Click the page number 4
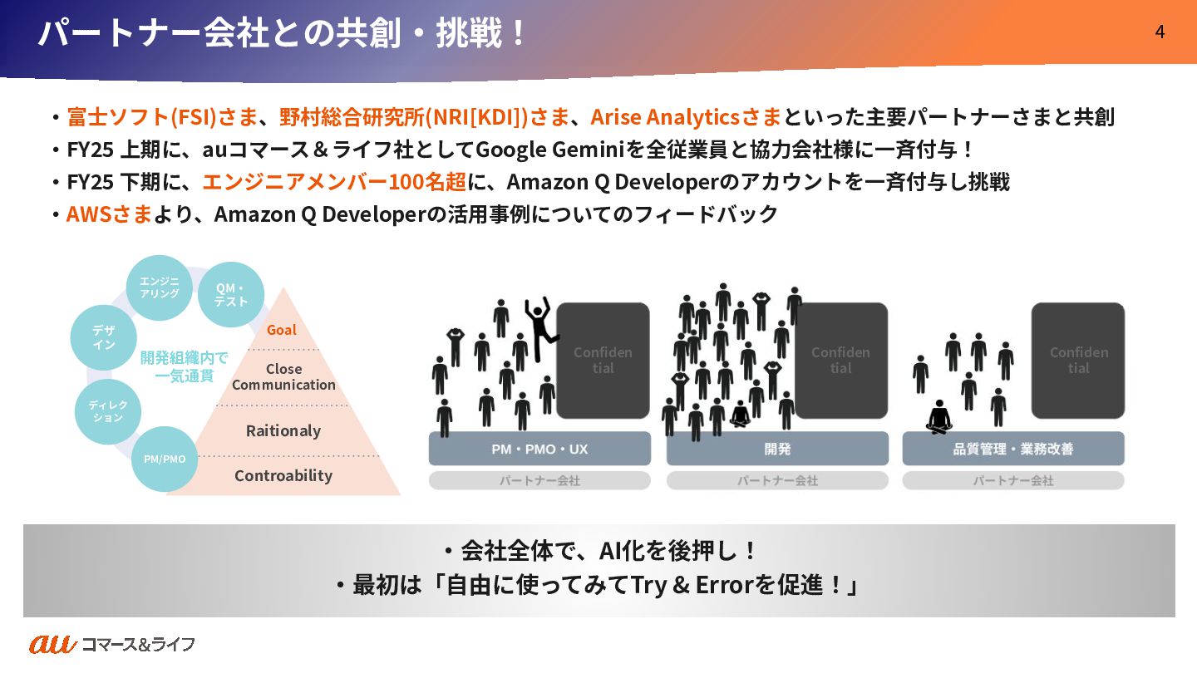point(1160,32)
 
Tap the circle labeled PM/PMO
point(165,459)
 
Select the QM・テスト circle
point(230,295)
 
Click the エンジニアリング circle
point(159,287)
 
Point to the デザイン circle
point(103,337)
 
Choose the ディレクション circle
point(108,411)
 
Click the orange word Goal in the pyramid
point(281,330)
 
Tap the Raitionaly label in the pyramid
point(283,430)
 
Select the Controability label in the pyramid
point(283,475)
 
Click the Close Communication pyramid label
point(283,376)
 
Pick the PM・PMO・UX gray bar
point(539,449)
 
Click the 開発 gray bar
point(777,449)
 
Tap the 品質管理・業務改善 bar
point(1012,449)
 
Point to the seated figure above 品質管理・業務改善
point(938,418)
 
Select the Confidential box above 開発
point(840,361)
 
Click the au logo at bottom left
point(52,644)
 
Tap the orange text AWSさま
point(109,214)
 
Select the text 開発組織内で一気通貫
point(184,366)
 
